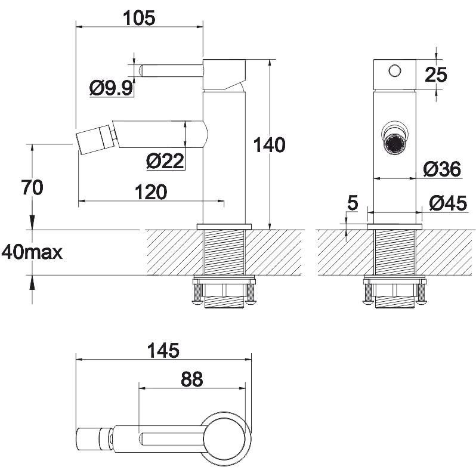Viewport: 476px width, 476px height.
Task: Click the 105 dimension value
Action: click(x=140, y=18)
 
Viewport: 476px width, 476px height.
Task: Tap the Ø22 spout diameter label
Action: click(x=165, y=161)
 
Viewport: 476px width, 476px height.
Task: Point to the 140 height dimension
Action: click(x=270, y=145)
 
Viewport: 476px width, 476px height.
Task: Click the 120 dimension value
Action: click(x=151, y=192)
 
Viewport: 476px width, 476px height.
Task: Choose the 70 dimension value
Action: click(x=32, y=187)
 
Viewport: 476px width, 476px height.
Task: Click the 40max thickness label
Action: click(x=32, y=252)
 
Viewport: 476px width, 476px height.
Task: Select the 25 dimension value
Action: click(x=436, y=75)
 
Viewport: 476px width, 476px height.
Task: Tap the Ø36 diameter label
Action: click(x=443, y=169)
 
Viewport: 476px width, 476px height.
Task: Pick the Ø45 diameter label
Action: click(x=448, y=203)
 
